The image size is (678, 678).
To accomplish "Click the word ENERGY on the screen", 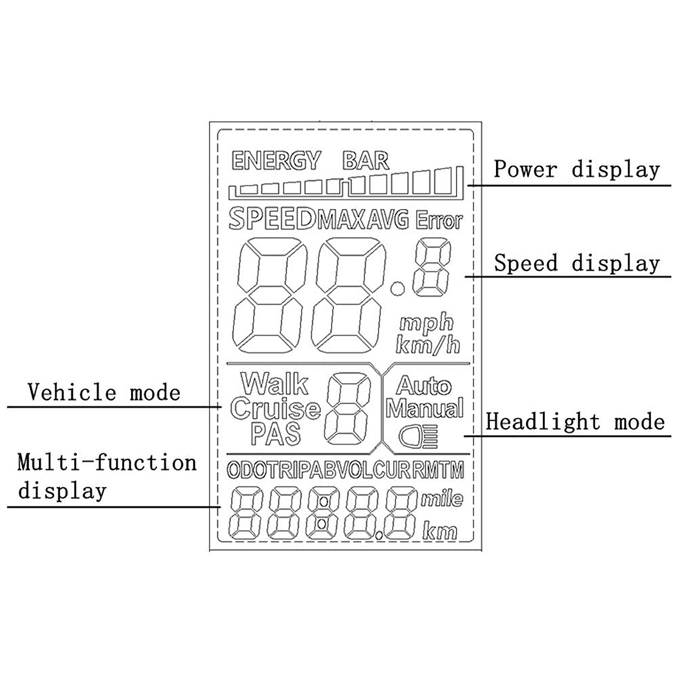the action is point(276,161).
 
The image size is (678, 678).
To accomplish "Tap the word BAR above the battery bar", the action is point(366,161).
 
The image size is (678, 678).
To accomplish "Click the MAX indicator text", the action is point(342,220).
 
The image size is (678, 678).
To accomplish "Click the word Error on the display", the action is point(439,220).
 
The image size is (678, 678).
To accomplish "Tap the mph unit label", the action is point(427,323).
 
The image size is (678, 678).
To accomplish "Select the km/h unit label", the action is point(428,344).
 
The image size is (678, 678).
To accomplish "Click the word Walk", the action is point(275,384).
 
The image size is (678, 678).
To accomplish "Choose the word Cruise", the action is point(275,408).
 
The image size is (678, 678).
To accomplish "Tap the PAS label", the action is point(276,433).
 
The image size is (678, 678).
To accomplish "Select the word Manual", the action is point(424,408).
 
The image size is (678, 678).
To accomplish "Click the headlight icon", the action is point(418,436).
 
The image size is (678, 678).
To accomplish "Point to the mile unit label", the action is point(442,499).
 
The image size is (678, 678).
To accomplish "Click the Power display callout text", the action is point(577,169).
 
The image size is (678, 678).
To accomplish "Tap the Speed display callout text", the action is point(577,263).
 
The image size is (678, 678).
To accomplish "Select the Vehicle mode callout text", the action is point(104,392).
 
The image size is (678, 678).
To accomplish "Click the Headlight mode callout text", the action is point(575,421).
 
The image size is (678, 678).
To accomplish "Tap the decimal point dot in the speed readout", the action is point(398,290).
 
